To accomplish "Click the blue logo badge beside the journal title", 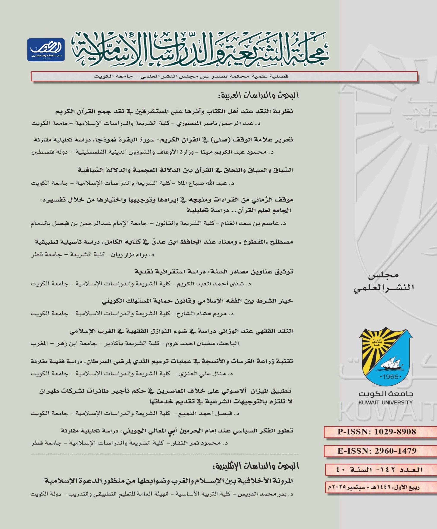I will (46, 50).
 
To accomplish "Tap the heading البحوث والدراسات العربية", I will (258, 95).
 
